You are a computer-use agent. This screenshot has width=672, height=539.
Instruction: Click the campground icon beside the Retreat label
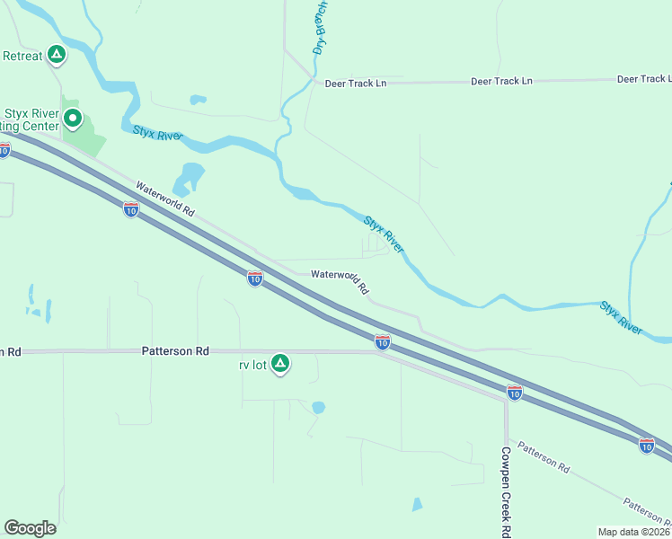click(57, 56)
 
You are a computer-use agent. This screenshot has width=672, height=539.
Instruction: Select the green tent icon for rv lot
click(280, 364)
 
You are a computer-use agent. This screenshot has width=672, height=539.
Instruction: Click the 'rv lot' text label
click(252, 365)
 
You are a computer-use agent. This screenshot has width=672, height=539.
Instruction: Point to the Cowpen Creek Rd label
click(506, 490)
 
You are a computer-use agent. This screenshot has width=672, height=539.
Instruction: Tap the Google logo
click(30, 528)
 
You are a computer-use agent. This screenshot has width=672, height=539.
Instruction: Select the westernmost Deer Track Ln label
click(355, 83)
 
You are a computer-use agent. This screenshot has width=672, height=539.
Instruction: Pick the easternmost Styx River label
click(622, 318)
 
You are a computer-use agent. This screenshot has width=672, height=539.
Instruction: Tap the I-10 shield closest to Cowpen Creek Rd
click(514, 393)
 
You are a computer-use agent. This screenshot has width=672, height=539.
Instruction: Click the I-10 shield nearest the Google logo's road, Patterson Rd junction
click(382, 341)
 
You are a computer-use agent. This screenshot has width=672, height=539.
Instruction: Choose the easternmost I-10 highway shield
click(646, 445)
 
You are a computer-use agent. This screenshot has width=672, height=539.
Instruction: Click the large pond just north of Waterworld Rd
click(191, 176)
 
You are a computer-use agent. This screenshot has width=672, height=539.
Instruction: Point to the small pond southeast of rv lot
click(318, 408)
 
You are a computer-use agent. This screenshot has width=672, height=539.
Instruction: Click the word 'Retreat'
click(22, 56)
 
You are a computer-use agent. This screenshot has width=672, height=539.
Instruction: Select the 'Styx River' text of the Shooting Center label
click(31, 113)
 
